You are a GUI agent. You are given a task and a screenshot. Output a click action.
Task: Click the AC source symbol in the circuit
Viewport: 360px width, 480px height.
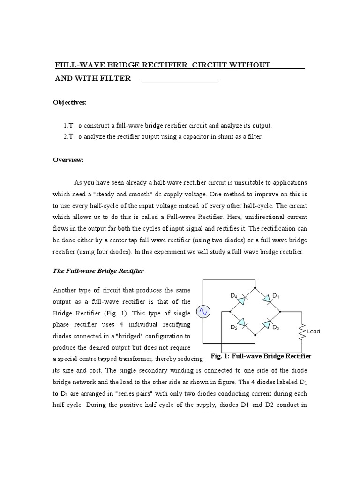tap(203, 311)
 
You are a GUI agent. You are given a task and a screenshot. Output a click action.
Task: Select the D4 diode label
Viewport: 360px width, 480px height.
tap(234, 296)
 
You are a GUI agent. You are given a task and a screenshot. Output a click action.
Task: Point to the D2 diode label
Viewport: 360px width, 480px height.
tap(234, 328)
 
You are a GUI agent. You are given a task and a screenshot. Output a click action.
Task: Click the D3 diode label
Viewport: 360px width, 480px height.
tap(276, 328)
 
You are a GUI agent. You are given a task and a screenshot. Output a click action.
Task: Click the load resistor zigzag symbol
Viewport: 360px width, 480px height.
tap(302, 331)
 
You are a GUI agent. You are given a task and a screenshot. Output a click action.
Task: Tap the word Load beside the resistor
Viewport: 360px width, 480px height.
tap(313, 331)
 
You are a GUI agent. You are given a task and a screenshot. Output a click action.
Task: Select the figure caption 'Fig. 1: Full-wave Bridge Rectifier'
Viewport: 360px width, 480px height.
tap(261, 356)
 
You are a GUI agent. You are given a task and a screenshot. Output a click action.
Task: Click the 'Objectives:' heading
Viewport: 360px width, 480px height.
tap(71, 102)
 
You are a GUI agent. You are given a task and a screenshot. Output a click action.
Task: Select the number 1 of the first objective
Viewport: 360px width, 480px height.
tap(66, 126)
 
